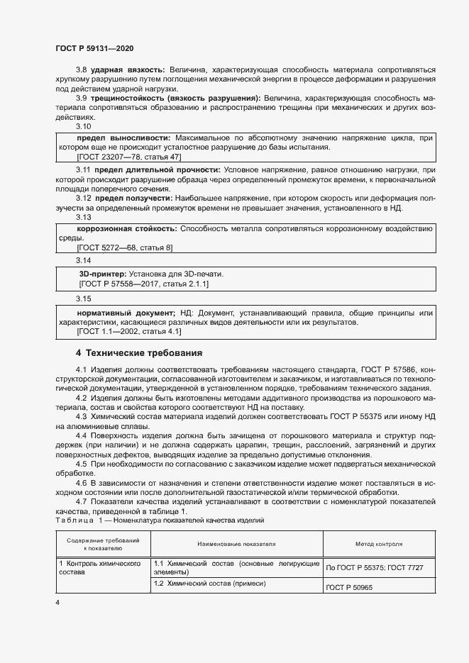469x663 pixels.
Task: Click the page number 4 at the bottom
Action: point(57,602)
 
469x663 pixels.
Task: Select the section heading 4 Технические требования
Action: point(139,352)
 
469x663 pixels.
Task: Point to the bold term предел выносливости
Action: point(123,136)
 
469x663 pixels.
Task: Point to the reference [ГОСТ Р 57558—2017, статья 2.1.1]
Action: point(144,284)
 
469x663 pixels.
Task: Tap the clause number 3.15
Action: point(84,298)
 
